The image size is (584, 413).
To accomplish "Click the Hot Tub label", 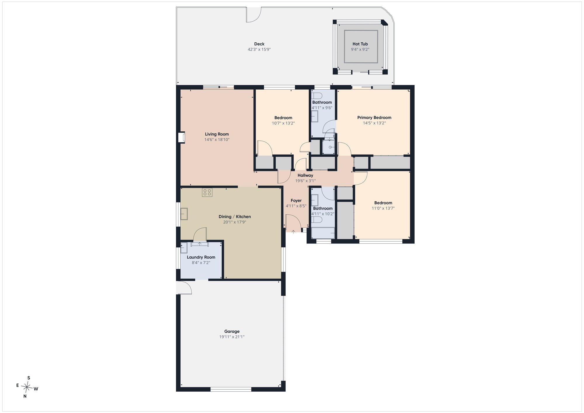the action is [360, 44].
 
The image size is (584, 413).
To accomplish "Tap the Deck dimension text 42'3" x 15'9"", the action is [259, 50].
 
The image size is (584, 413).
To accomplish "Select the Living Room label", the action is [217, 134].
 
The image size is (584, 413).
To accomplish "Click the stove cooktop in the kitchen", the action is [207, 192].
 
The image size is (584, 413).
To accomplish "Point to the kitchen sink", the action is [184, 214].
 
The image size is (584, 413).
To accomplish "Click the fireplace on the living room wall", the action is [182, 138].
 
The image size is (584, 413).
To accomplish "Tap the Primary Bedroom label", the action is [374, 118].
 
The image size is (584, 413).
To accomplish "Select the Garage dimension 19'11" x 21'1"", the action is [232, 337].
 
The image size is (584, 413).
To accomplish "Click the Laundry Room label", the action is [201, 257].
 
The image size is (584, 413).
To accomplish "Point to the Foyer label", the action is [296, 201].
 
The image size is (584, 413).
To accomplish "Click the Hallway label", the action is [305, 176].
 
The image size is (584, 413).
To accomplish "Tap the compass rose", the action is [27, 387].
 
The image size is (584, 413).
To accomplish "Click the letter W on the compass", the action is [36, 389].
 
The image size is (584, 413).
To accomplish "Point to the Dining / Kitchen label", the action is [235, 217].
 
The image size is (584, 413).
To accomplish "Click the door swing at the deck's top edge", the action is [253, 15].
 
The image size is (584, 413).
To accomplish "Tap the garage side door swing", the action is [184, 287].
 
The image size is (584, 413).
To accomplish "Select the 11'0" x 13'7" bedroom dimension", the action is [383, 208].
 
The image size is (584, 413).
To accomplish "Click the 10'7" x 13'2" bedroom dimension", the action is [283, 123].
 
